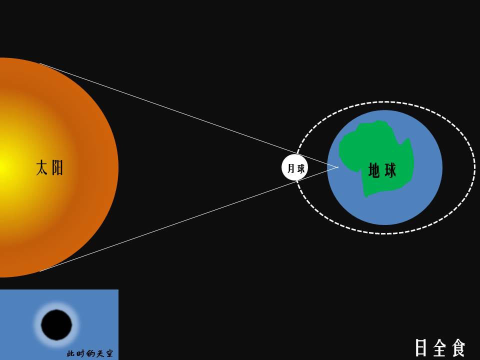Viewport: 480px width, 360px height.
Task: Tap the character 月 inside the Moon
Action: pos(291,168)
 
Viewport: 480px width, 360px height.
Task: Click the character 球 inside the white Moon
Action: pos(300,168)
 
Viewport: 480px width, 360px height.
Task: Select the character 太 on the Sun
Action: pos(42,167)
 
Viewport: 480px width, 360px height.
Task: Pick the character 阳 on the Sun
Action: pos(57,167)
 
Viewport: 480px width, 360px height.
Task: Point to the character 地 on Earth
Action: pos(374,170)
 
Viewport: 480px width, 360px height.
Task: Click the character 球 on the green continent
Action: pos(390,170)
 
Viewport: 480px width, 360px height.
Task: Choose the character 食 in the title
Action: pos(458,348)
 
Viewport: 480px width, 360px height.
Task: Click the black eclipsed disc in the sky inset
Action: pos(56,324)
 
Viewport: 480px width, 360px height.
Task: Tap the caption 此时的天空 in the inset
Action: pos(90,353)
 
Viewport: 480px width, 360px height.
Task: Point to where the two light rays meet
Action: pos(338,167)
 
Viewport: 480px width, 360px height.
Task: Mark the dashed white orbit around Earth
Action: pos(385,103)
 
